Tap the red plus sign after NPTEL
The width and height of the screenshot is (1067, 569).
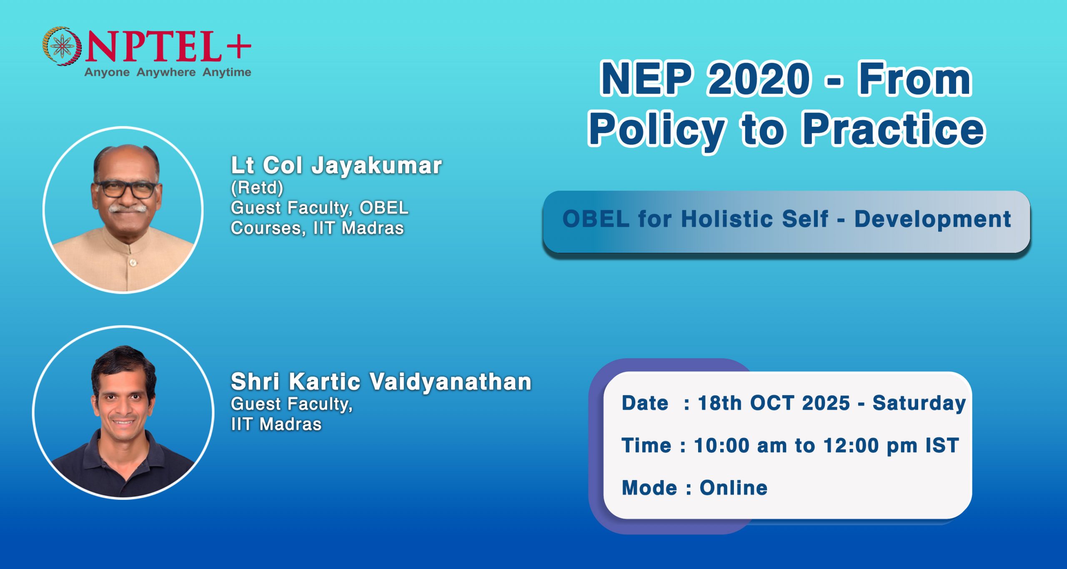point(239,45)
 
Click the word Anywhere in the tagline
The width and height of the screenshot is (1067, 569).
point(166,72)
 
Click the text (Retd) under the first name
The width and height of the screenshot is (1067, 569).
point(257,188)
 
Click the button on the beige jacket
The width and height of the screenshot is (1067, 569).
point(133,262)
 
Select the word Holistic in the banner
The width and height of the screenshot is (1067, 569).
point(754,219)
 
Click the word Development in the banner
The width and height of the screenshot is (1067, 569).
point(933,219)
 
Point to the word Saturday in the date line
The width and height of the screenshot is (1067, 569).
point(919,403)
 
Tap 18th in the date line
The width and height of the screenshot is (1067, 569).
point(720,403)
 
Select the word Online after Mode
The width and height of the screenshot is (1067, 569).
point(733,488)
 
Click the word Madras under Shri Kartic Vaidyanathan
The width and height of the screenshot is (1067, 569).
point(290,424)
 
